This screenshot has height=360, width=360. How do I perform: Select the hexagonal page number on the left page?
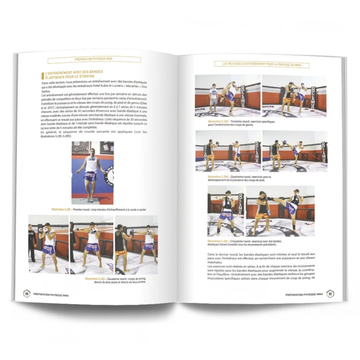click(x=27, y=293)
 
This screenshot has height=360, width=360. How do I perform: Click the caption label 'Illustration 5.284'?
click(x=219, y=177)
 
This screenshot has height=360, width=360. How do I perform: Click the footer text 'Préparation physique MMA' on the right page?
click(x=304, y=294)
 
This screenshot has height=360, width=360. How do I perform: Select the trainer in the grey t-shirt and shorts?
click(x=213, y=96)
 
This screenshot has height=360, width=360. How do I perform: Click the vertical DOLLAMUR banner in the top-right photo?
click(x=321, y=94)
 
